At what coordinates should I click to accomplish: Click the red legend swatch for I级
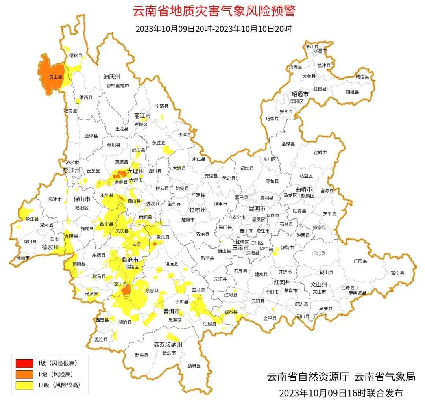click(x=24, y=363)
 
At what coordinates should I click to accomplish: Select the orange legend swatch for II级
click(x=24, y=374)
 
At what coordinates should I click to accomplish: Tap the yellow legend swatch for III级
click(x=24, y=385)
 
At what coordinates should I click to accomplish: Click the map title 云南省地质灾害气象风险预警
click(x=214, y=11)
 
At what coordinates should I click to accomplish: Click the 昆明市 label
click(x=257, y=208)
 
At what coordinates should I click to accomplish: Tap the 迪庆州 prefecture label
click(x=112, y=76)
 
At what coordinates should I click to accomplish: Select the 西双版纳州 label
click(x=168, y=345)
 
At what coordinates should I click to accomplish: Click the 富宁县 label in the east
click(x=397, y=273)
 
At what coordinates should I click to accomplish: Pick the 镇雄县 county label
click(x=353, y=92)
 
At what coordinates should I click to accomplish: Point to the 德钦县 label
click(x=76, y=55)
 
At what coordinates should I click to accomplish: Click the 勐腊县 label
click(x=194, y=366)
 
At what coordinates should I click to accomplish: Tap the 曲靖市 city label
click(x=304, y=189)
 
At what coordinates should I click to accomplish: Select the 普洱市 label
click(x=172, y=312)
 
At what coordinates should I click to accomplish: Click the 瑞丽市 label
click(x=22, y=258)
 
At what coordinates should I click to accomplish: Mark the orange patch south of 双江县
click(x=126, y=291)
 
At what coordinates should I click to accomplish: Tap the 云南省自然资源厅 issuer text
click(x=308, y=377)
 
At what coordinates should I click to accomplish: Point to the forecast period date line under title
click(x=213, y=29)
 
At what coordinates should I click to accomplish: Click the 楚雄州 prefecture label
click(x=198, y=210)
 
